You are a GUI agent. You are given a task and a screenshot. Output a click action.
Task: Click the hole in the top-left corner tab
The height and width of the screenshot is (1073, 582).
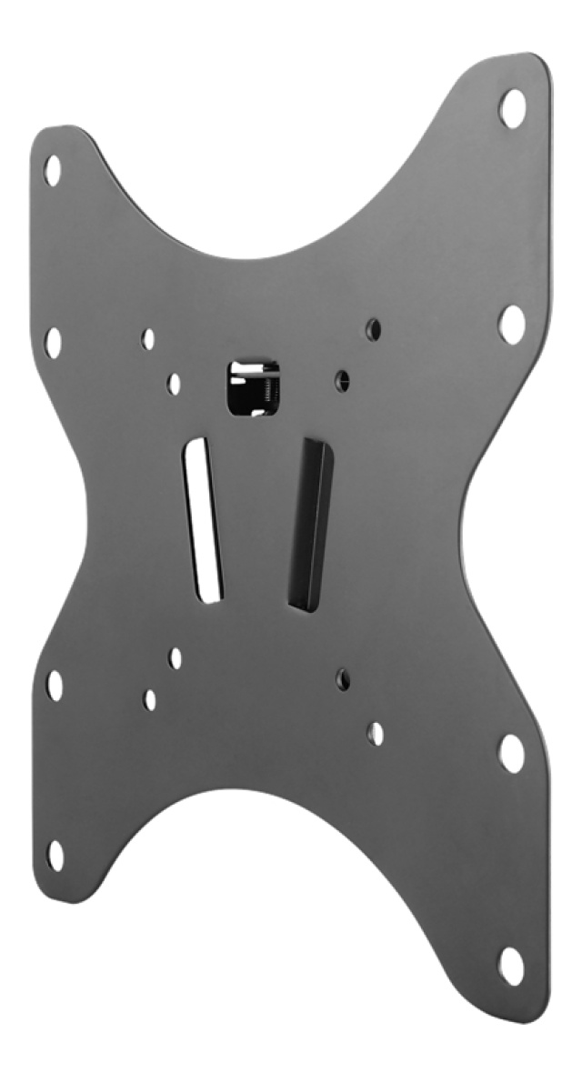[53, 170]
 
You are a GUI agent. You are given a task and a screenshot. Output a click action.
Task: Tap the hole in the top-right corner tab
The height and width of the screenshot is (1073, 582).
[512, 108]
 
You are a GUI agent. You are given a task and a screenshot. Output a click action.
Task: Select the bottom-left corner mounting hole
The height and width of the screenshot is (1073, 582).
[55, 855]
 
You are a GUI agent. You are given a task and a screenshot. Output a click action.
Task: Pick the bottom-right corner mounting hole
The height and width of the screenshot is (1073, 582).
[511, 965]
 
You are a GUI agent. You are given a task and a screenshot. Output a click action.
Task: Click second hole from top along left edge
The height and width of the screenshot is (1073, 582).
[54, 341]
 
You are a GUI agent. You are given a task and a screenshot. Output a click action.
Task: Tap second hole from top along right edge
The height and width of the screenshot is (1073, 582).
[512, 323]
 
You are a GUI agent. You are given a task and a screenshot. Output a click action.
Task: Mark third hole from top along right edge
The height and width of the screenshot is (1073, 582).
[511, 753]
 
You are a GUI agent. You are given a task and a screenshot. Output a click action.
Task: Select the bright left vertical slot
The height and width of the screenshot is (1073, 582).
[204, 522]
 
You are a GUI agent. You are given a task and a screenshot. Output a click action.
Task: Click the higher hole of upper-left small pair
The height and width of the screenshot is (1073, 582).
[148, 339]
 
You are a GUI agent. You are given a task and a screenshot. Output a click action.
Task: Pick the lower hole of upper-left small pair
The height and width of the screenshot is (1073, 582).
[174, 384]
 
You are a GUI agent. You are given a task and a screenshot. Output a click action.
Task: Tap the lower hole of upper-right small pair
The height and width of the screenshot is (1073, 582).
[343, 377]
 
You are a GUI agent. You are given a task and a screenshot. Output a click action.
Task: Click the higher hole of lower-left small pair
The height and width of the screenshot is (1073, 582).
[175, 657]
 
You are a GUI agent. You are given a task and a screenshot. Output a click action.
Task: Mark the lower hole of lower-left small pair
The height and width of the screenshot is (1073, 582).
[150, 699]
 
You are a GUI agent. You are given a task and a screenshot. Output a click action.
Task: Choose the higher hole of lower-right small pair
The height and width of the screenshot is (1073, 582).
[344, 677]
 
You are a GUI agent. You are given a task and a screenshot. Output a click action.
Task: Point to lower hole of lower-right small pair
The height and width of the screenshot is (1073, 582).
[376, 733]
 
